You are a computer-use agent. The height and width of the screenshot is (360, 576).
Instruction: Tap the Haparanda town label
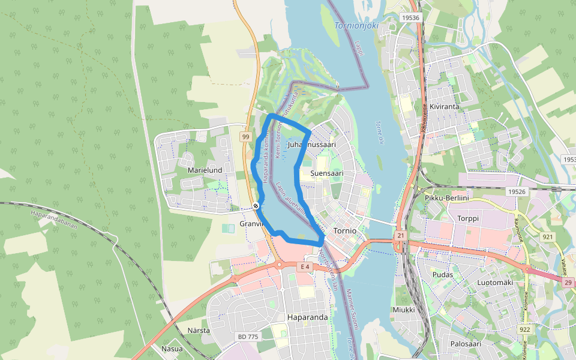(x=308, y=317)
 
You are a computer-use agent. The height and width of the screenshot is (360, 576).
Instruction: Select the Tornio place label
(x=345, y=230)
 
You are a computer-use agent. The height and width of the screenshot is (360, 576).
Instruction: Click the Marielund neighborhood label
(x=205, y=170)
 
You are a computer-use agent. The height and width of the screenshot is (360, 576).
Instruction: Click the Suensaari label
(x=327, y=173)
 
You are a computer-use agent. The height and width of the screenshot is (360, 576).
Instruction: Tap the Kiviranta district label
(x=445, y=106)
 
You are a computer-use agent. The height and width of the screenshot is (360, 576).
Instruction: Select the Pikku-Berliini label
(x=446, y=198)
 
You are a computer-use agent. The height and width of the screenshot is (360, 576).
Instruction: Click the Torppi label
(x=469, y=218)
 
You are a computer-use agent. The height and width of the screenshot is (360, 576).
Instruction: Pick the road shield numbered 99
(x=245, y=137)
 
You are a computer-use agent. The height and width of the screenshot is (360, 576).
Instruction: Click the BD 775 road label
(x=248, y=337)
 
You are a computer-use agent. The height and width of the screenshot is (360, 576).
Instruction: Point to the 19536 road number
(x=411, y=18)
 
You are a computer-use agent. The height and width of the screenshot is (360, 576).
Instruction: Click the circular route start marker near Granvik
(x=256, y=206)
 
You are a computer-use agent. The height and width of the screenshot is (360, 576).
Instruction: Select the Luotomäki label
(x=495, y=282)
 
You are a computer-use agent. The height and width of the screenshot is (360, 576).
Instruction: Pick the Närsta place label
(x=199, y=331)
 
